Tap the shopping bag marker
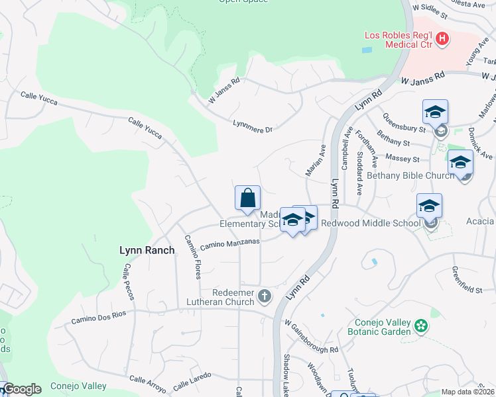click(x=247, y=198)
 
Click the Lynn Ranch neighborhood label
click(x=147, y=250)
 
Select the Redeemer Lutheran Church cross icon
click(x=265, y=296)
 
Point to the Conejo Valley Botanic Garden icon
click(x=420, y=326)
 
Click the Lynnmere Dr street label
click(x=253, y=126)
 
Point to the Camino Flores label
click(x=193, y=257)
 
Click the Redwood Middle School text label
click(x=371, y=224)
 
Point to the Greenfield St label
click(x=467, y=280)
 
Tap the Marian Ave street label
click(x=315, y=160)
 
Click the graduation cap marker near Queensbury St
click(x=435, y=112)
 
